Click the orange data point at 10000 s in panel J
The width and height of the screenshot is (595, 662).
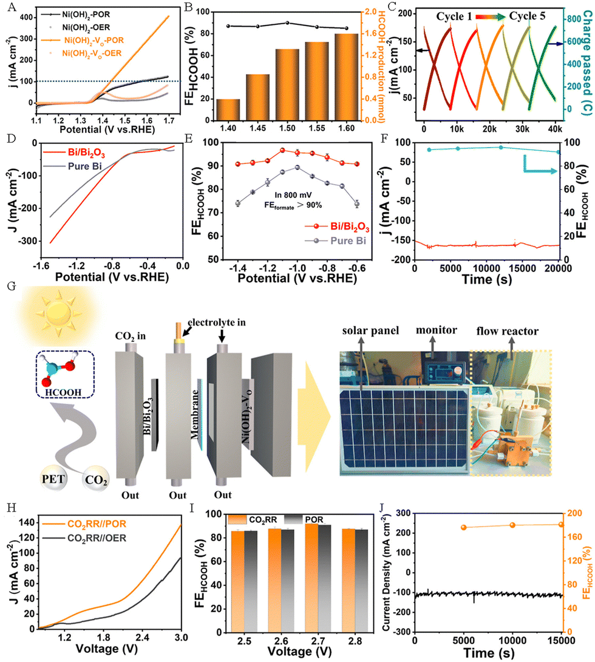pos(512,525)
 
